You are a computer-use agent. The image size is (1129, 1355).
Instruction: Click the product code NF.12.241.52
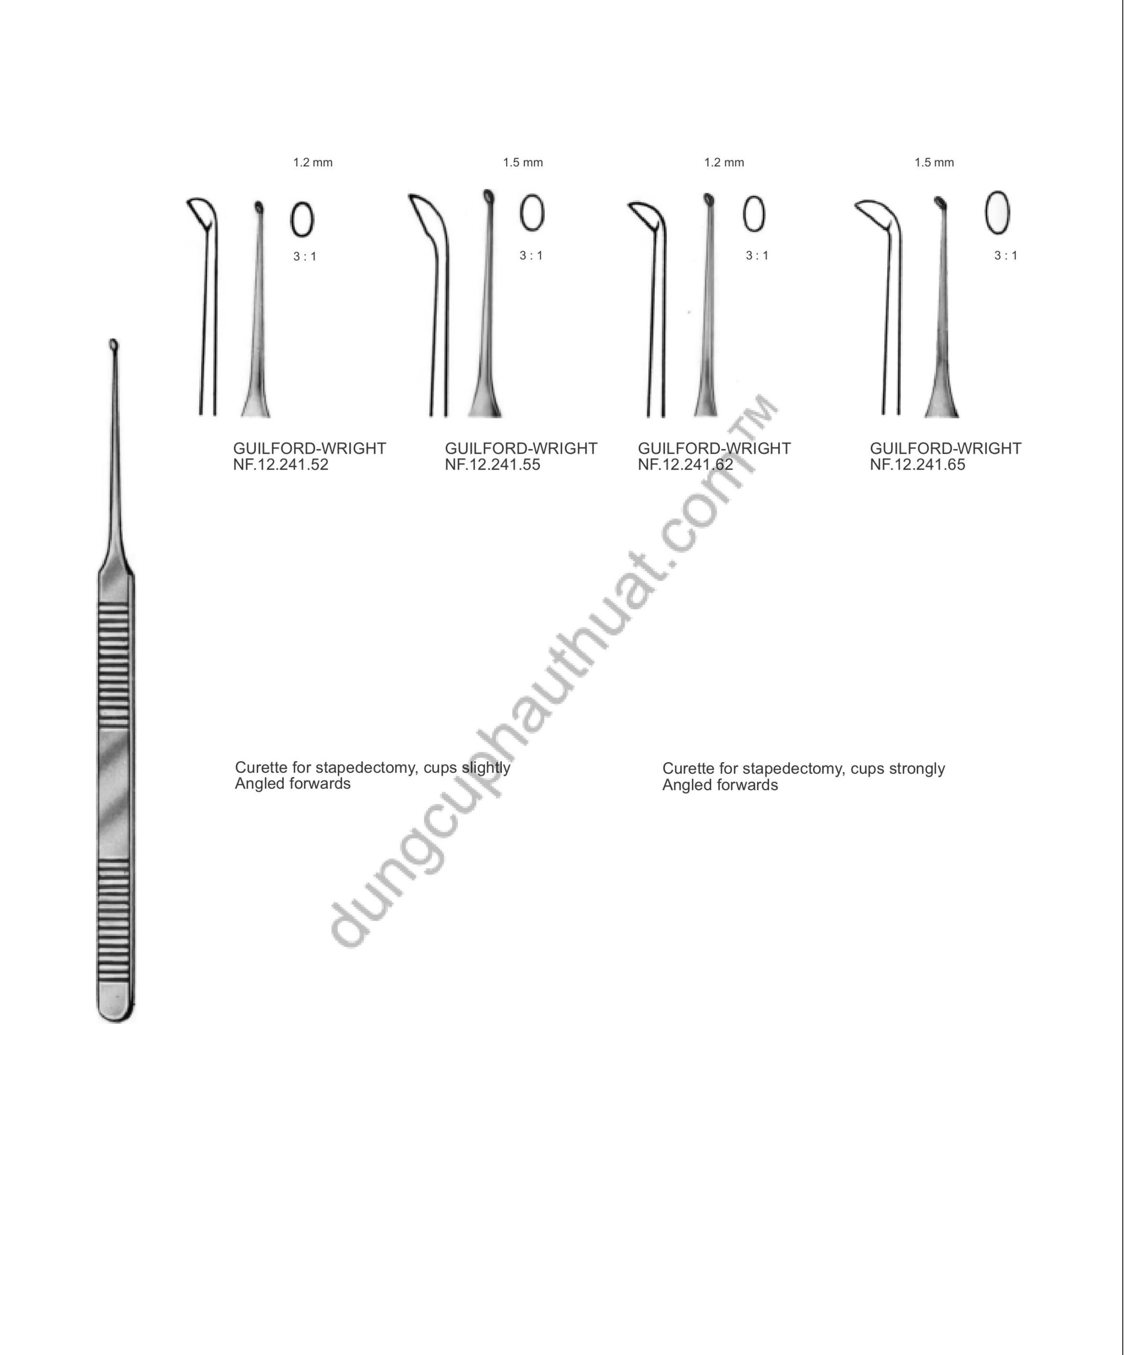[281, 465]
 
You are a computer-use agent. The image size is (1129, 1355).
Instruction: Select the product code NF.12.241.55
[492, 465]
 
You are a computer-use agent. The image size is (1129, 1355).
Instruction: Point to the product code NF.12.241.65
[917, 465]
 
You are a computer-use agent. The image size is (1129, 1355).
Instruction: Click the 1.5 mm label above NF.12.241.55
[522, 162]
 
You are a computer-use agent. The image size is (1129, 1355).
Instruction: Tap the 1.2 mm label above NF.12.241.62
[724, 162]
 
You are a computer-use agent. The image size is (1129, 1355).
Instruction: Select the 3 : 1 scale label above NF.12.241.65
[1006, 256]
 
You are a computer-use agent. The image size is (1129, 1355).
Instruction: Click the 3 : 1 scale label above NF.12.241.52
[305, 257]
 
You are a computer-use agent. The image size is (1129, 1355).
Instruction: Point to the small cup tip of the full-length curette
[114, 345]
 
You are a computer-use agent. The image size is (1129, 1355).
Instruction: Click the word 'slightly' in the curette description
[486, 768]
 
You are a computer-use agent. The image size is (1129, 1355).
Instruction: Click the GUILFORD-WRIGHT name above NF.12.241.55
[521, 448]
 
